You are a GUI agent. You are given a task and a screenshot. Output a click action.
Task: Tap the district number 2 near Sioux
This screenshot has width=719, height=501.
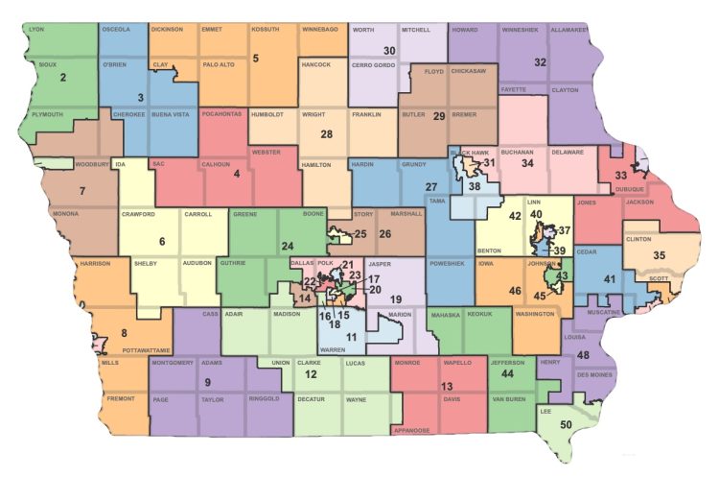coord(62,78)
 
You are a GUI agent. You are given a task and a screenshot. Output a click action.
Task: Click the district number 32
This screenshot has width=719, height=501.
coord(540,62)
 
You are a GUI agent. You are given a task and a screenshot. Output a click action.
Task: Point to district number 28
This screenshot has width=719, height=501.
coord(326,134)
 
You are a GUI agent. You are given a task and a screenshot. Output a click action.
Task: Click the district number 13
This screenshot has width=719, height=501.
coord(447,386)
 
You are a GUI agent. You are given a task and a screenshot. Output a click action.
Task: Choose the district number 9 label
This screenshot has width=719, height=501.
coord(208,383)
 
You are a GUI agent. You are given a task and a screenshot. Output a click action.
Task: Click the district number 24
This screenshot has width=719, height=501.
coord(287,246)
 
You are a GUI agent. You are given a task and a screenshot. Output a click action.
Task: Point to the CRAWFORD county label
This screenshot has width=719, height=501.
coord(138,215)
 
